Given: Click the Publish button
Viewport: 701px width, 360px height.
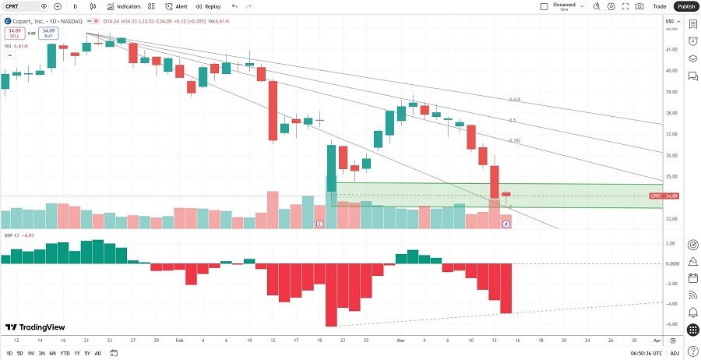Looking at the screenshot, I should tap(685, 6).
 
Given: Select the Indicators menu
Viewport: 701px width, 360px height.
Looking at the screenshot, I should tap(124, 6).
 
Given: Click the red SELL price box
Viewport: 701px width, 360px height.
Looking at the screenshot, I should tap(14, 34).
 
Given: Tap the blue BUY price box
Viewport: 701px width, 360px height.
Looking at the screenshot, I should tap(49, 34).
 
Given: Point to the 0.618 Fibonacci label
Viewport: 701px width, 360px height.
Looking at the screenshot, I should tap(514, 100).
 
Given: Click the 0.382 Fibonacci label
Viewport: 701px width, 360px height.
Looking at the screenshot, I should tap(514, 140).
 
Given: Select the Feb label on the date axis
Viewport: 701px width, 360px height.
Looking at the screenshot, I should tap(180, 341).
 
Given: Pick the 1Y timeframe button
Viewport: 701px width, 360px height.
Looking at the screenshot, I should tap(77, 353).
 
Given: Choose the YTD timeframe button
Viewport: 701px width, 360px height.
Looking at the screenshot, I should tap(65, 353).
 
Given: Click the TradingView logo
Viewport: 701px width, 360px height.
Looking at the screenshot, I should tap(35, 327).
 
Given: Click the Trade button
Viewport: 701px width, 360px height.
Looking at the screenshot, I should tap(659, 6).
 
